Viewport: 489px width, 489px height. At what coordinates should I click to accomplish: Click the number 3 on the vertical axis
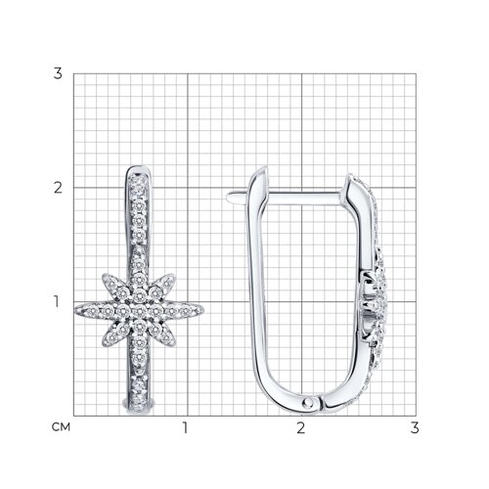(x=58, y=73)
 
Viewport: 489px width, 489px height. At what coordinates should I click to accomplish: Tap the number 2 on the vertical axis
(x=58, y=188)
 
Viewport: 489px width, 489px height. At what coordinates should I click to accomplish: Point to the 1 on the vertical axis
(x=57, y=301)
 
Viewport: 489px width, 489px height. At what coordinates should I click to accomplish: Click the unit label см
(x=61, y=427)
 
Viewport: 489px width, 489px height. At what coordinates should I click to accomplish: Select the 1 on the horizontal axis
(x=186, y=427)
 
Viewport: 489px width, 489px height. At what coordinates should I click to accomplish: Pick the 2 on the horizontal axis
(x=300, y=427)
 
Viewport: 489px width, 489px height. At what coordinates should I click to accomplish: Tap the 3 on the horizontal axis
(x=415, y=427)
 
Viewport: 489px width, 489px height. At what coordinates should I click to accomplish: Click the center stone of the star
(x=140, y=311)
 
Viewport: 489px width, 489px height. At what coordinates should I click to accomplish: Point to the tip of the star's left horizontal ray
(x=75, y=311)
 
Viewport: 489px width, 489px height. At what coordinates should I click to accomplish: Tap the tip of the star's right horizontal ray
(x=203, y=311)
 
